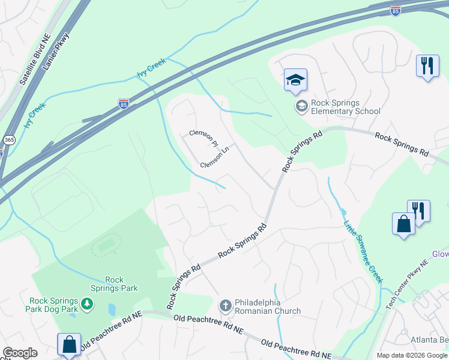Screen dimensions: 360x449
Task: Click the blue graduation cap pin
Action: pyautogui.click(x=295, y=80)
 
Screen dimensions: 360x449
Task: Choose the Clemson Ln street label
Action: pyautogui.click(x=215, y=157)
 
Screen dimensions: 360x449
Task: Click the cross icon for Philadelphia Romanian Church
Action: pyautogui.click(x=226, y=307)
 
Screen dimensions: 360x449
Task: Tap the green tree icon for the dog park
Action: pyautogui.click(x=88, y=304)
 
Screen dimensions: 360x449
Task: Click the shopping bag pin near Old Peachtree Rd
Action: pyautogui.click(x=69, y=345)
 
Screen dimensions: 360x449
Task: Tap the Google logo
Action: pyautogui.click(x=20, y=353)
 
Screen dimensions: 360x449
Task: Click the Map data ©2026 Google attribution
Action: pyautogui.click(x=411, y=355)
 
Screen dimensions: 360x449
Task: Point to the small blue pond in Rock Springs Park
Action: pyautogui.click(x=112, y=310)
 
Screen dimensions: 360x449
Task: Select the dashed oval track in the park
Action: pyautogui.click(x=106, y=245)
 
